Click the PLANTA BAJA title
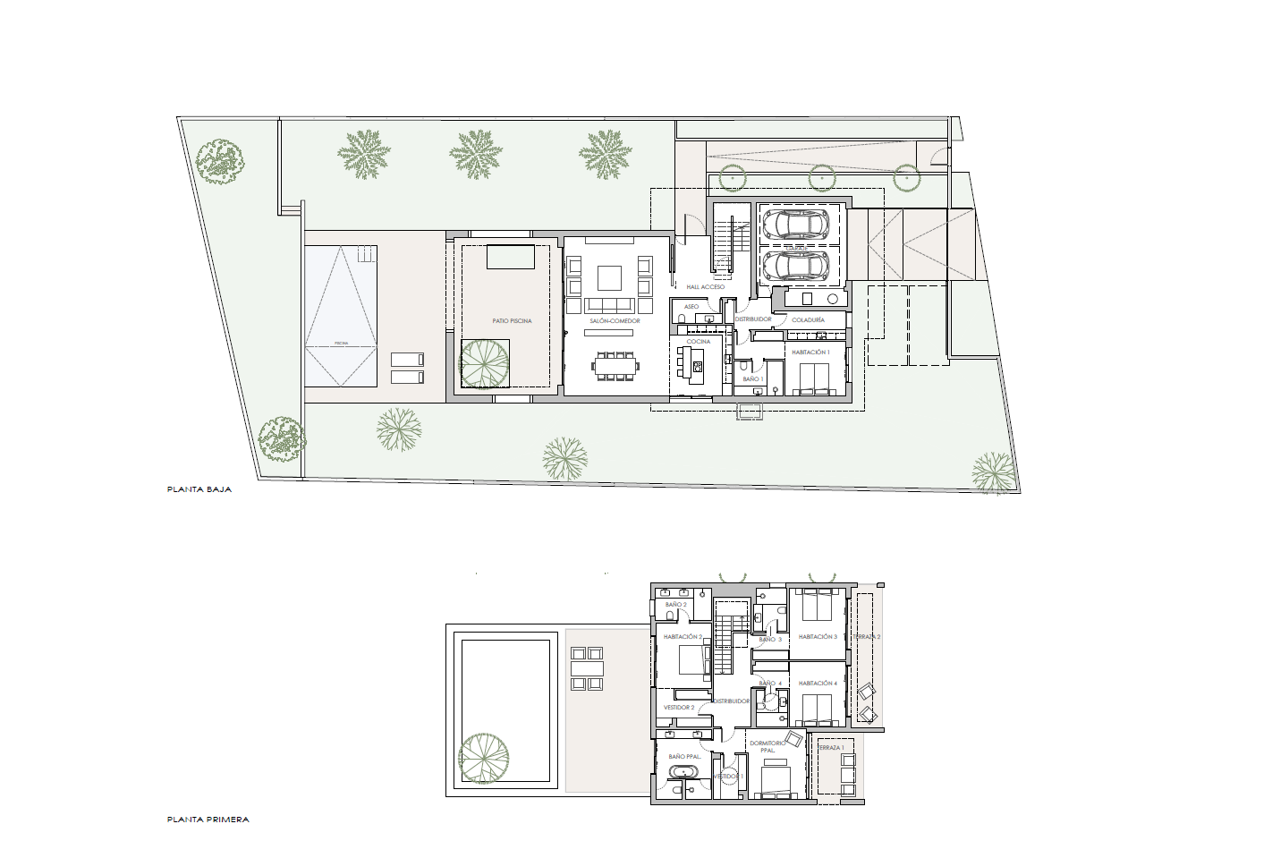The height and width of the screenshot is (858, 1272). (x=199, y=489)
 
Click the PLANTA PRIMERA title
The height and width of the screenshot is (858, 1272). (x=208, y=820)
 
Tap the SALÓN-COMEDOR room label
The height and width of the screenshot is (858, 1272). (x=615, y=321)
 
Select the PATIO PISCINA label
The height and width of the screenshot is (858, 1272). (x=512, y=321)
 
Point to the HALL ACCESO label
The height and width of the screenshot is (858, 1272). (x=706, y=287)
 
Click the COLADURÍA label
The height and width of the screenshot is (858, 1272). (x=808, y=319)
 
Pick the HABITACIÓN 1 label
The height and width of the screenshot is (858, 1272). (x=810, y=353)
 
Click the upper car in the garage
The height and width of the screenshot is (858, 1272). (x=796, y=224)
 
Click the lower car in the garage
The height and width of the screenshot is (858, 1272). (x=796, y=265)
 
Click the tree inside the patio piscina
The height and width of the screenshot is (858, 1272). (x=484, y=363)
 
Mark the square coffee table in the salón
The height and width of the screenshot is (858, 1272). (x=609, y=277)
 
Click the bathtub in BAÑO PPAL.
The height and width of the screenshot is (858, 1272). (x=686, y=772)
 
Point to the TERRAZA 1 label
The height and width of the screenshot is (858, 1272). (x=829, y=748)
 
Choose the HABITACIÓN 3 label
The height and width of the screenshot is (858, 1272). (x=818, y=637)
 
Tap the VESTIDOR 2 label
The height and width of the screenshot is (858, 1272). (x=679, y=708)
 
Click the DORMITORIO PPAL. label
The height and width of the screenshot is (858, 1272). (x=767, y=747)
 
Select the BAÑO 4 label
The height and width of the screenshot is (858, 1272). (x=770, y=684)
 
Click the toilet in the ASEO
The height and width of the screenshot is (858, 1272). (x=682, y=319)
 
